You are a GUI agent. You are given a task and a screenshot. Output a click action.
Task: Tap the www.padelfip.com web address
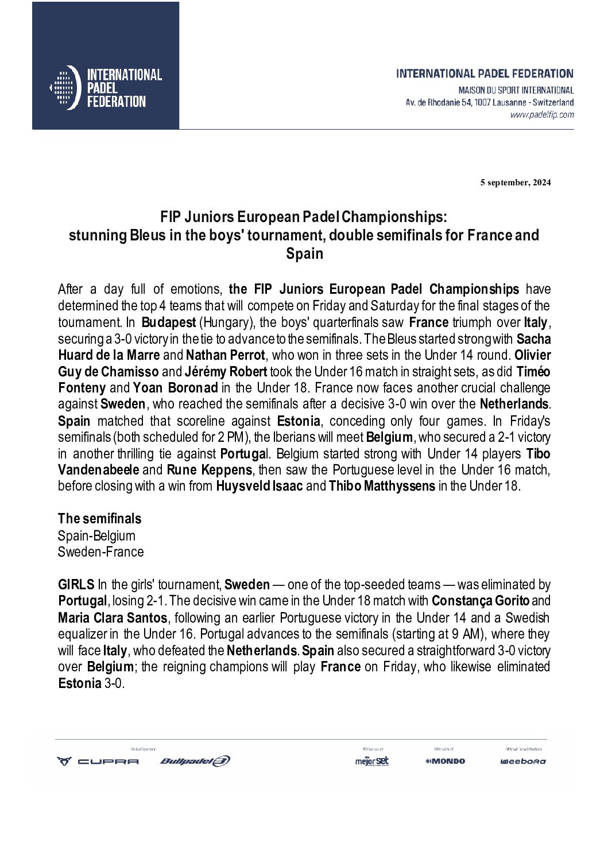click(x=542, y=115)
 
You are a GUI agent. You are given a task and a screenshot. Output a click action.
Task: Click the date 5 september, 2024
click(x=516, y=183)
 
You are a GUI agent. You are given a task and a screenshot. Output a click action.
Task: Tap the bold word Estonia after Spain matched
click(x=298, y=421)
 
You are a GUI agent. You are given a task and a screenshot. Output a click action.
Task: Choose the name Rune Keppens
click(x=210, y=470)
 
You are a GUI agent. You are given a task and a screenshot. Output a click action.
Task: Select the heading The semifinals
click(x=99, y=519)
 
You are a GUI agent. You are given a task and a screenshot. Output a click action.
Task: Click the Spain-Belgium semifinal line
click(x=96, y=536)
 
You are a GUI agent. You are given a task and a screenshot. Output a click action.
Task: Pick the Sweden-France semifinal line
click(x=100, y=552)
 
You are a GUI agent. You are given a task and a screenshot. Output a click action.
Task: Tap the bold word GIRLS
click(x=76, y=585)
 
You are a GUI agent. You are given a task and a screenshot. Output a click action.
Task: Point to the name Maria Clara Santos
click(x=113, y=618)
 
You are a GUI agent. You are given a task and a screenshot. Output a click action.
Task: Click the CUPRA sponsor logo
click(x=98, y=761)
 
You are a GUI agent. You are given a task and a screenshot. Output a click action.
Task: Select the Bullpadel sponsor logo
click(x=195, y=761)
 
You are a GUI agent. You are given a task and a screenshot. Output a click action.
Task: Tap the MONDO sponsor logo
click(x=445, y=761)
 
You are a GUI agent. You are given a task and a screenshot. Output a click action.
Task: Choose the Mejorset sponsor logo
click(x=371, y=761)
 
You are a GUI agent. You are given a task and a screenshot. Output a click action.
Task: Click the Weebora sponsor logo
click(x=522, y=761)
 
